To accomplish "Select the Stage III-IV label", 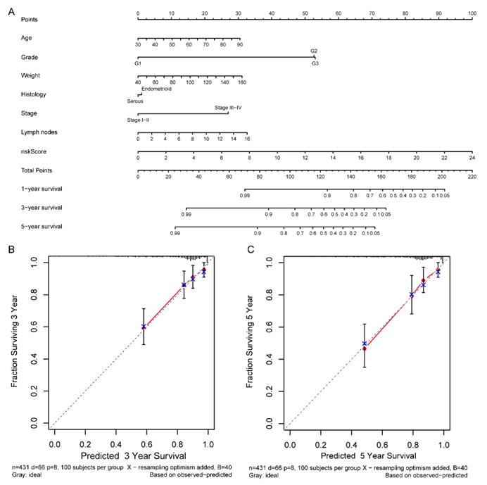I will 228,108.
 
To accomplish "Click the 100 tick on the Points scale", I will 471,13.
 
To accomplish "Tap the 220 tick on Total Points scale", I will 472,177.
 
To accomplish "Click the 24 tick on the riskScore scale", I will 472,158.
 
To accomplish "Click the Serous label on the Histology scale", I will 135,101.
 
